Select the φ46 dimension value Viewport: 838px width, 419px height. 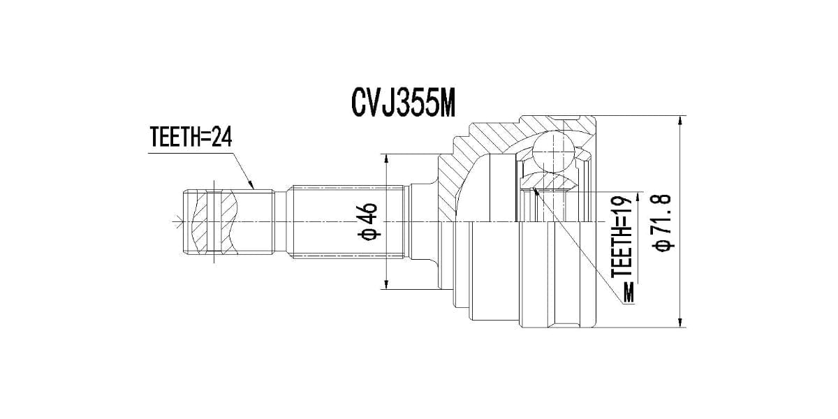pos(369,221)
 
